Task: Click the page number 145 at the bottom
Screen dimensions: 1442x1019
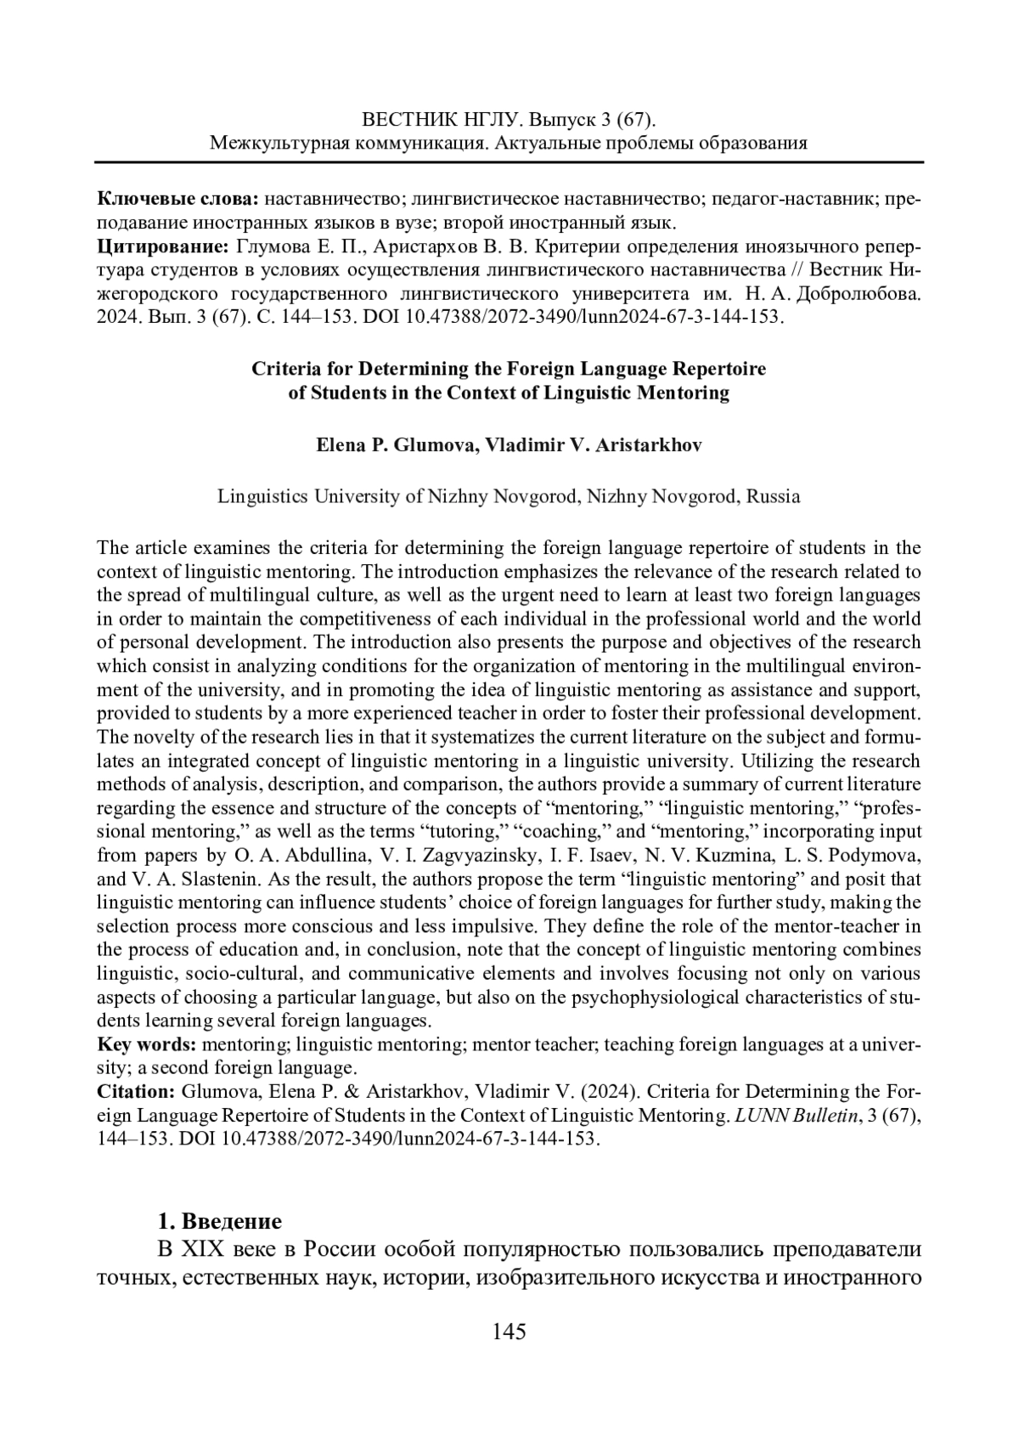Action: (x=509, y=1332)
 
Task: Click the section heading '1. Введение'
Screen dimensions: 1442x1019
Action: (x=220, y=1222)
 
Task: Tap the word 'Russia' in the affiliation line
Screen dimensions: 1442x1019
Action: (x=773, y=496)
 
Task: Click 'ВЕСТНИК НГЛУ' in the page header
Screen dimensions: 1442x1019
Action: (x=434, y=119)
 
